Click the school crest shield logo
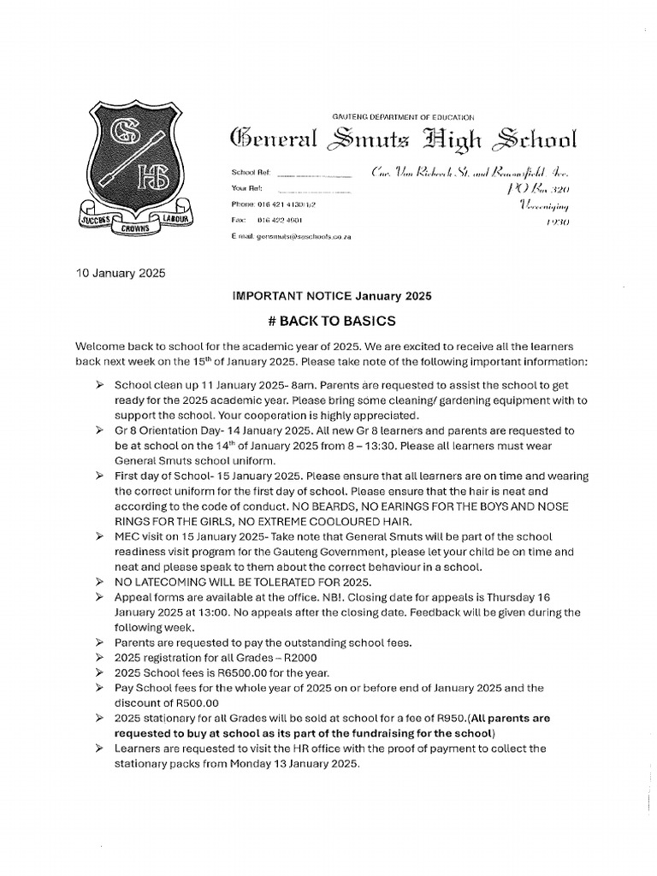point(136,163)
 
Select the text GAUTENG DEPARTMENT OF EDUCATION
point(402,116)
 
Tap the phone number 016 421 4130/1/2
point(290,204)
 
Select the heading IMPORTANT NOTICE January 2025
point(333,296)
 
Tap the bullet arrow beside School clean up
point(100,386)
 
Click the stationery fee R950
point(431,719)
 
